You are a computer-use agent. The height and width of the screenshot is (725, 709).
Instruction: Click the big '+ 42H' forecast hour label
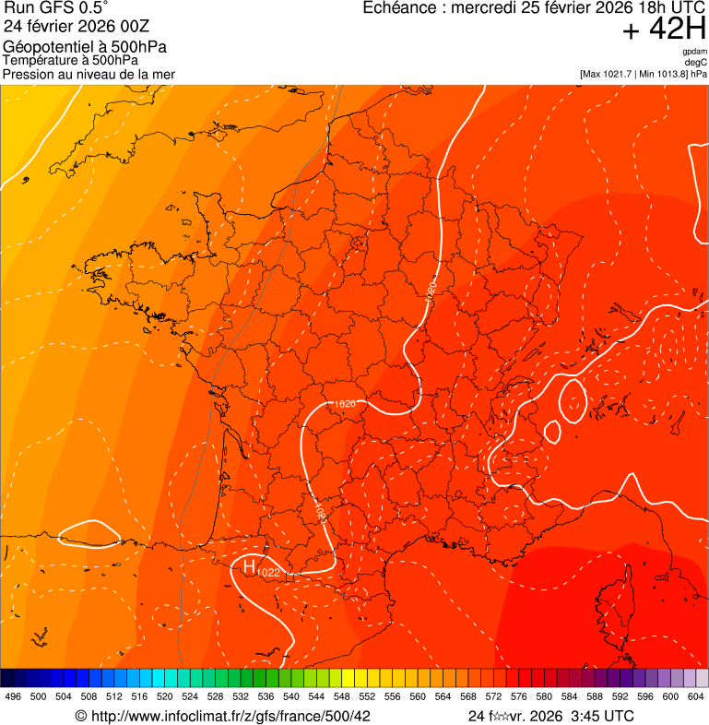[x=664, y=30]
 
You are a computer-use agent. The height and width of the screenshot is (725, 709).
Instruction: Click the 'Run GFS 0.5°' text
[x=56, y=8]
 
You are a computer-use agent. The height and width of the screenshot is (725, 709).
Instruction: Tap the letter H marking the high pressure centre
[x=249, y=565]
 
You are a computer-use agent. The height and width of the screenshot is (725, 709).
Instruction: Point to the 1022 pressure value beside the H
[x=268, y=574]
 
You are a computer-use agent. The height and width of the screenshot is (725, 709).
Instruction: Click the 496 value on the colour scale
[x=13, y=697]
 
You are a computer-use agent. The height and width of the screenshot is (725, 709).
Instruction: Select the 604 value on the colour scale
[x=696, y=697]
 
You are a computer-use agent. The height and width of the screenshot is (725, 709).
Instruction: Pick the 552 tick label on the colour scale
[x=367, y=697]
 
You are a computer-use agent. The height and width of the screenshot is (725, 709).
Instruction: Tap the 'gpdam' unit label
[x=695, y=52]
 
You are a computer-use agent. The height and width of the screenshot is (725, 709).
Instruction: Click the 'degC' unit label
[x=697, y=62]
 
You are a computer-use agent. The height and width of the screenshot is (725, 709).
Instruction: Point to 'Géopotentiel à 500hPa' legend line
[x=85, y=47]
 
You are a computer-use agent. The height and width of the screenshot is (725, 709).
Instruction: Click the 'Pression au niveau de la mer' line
[x=89, y=74]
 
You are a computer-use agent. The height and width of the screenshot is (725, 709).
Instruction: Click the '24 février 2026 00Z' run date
[x=75, y=26]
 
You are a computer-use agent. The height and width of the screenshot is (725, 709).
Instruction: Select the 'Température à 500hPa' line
[x=70, y=60]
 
